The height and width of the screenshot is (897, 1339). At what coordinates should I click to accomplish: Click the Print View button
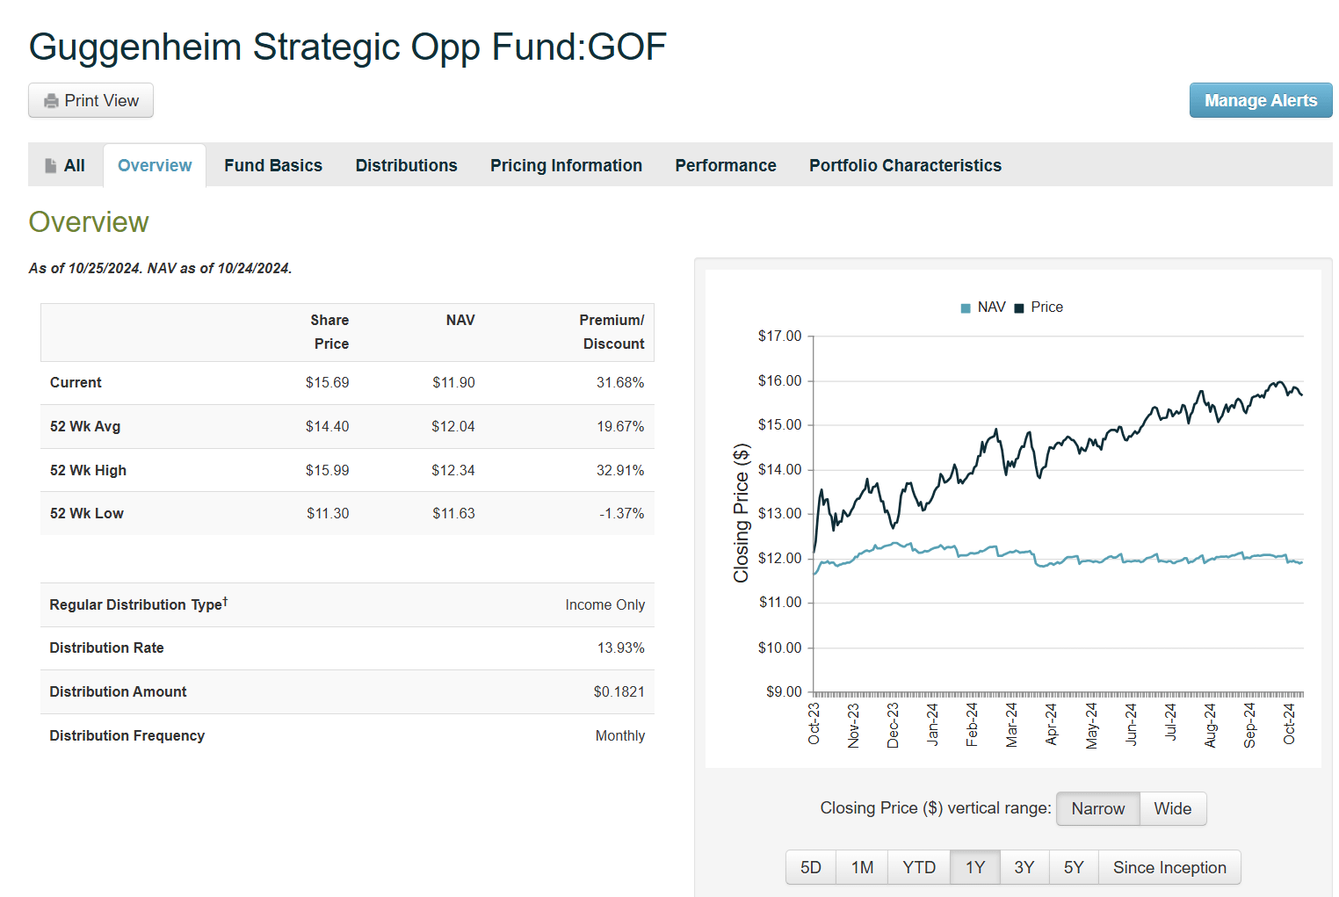[x=91, y=101]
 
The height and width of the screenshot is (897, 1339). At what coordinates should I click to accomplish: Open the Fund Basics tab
[x=273, y=165]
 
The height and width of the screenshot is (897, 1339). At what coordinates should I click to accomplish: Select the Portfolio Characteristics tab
[x=905, y=165]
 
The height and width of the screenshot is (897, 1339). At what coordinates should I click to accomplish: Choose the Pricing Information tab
[x=566, y=165]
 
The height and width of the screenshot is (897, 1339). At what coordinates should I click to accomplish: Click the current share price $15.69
[x=327, y=383]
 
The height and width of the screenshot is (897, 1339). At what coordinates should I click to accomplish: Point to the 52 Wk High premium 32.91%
[x=619, y=471]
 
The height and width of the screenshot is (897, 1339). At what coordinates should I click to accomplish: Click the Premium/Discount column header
[x=612, y=332]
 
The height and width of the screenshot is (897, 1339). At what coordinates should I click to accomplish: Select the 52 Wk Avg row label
[x=85, y=427]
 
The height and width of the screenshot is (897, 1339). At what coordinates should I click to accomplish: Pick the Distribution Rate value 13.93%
[x=620, y=648]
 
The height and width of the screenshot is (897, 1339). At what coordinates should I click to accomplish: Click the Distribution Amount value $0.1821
[x=619, y=692]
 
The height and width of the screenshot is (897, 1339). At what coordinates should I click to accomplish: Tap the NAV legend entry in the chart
[x=983, y=307]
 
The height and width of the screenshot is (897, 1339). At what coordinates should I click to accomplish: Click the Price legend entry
[x=1039, y=307]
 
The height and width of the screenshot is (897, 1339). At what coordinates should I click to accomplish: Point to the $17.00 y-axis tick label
[x=779, y=336]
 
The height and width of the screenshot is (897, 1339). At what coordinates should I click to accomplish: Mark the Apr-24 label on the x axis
[x=1052, y=725]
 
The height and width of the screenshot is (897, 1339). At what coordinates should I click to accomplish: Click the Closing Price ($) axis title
[x=742, y=514]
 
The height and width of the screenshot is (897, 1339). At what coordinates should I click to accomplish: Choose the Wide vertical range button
[x=1172, y=809]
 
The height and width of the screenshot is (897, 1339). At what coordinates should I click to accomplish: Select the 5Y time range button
[x=1074, y=868]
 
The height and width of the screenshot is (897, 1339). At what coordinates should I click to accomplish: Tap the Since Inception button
[x=1169, y=868]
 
